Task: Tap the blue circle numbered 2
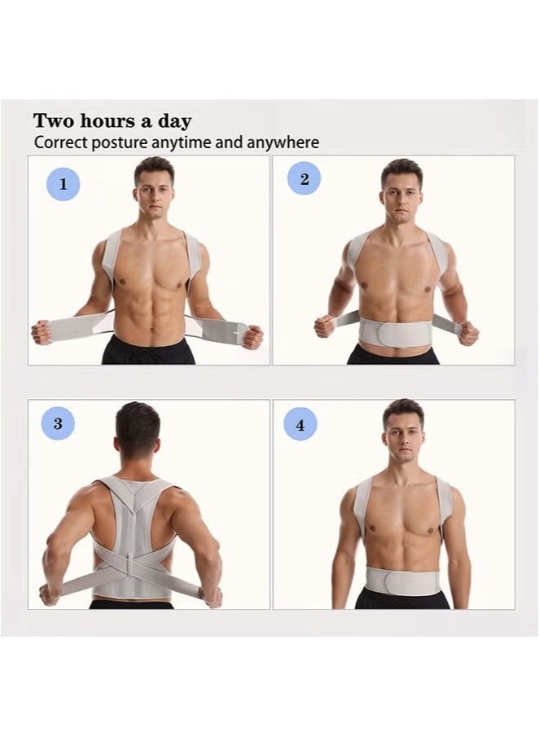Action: point(304,179)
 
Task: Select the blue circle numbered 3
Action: point(58,424)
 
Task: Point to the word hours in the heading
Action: point(107,121)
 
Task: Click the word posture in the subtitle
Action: point(120,143)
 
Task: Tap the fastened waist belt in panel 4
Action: point(402,581)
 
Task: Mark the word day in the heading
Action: point(176,121)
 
